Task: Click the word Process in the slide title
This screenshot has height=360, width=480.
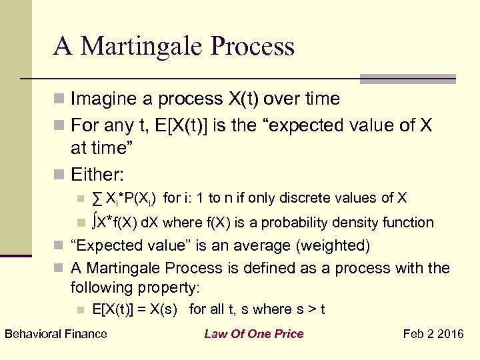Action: (253, 47)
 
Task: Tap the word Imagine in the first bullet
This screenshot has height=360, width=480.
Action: (101, 99)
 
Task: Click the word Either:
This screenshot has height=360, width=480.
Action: (98, 174)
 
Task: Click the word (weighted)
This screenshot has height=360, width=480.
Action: (331, 245)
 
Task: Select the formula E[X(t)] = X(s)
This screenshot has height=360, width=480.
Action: (137, 309)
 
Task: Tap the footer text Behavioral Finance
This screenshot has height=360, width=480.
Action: (55, 333)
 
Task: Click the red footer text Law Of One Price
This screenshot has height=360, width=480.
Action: (253, 333)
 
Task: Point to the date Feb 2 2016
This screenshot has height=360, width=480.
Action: (434, 333)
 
